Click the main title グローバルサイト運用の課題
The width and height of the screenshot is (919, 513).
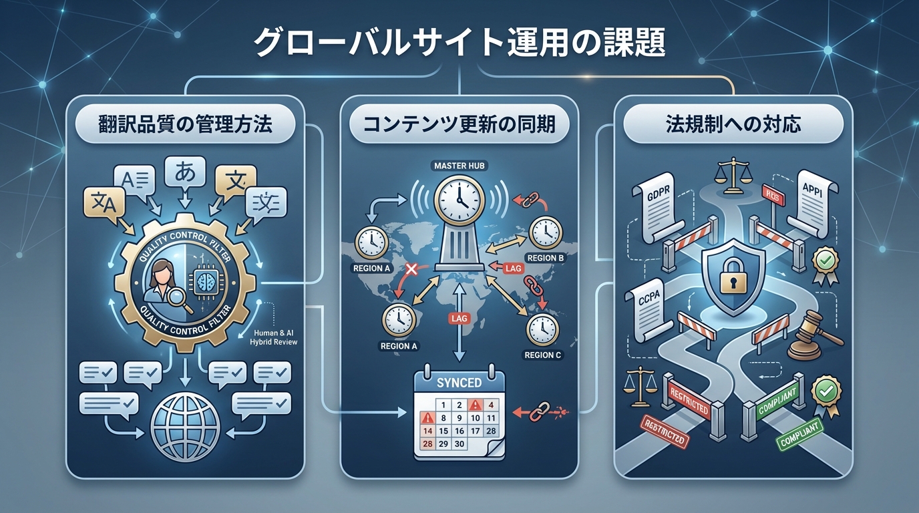459,45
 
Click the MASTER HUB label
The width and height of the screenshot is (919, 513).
459,165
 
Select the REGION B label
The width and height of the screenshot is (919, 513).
545,258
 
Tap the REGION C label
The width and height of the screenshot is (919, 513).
542,355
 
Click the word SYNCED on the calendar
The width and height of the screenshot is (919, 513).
459,383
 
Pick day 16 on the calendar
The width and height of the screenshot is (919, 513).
459,432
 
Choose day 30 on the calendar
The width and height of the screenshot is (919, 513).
458,444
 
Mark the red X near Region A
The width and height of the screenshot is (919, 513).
411,270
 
